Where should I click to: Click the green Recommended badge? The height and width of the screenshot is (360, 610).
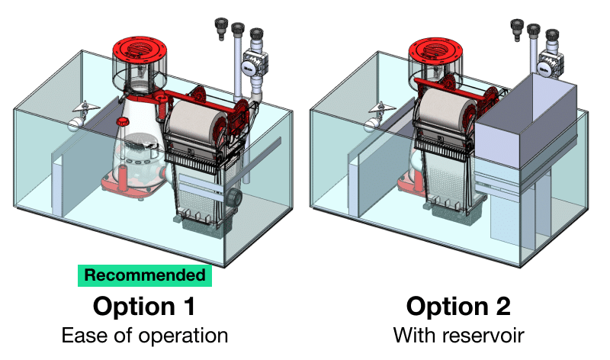(x=145, y=275)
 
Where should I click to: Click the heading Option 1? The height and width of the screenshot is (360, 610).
(x=144, y=307)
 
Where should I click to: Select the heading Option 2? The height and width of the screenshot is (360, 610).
(x=458, y=307)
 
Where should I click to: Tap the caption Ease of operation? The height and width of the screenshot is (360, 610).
(x=145, y=336)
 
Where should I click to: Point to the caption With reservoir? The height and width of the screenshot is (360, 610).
(x=459, y=335)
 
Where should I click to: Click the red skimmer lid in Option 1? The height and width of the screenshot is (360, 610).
(x=140, y=50)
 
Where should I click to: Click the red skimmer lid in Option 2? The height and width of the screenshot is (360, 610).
(x=436, y=51)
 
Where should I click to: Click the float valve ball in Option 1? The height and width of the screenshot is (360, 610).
(x=75, y=124)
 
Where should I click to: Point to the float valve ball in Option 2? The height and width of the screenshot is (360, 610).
(x=371, y=125)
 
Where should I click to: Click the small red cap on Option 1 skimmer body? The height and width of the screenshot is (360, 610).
(x=123, y=121)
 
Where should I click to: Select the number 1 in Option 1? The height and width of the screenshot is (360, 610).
(x=189, y=307)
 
